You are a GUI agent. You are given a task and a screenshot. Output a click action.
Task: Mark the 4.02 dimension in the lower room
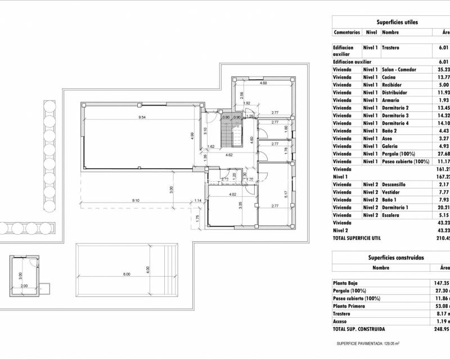click(x=233, y=195)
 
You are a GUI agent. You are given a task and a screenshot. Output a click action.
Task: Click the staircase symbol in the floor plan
click(x=226, y=135)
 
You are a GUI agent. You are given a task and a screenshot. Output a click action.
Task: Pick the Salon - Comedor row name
click(x=399, y=69)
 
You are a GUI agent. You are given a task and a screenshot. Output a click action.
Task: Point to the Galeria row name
click(x=391, y=146)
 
